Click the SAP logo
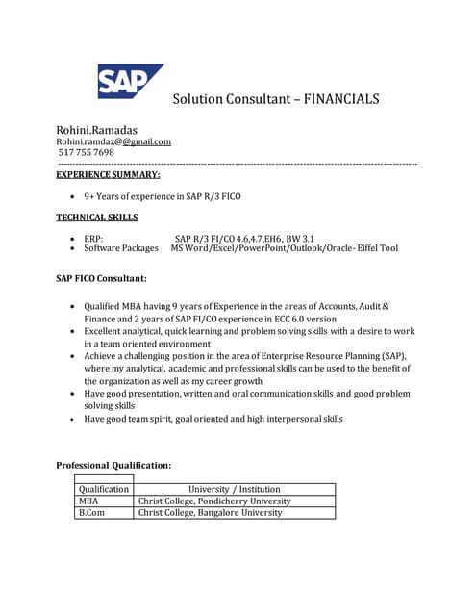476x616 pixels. pyautogui.click(x=129, y=81)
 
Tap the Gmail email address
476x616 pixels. pyautogui.click(x=113, y=141)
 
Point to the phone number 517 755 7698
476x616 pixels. pyautogui.click(x=87, y=152)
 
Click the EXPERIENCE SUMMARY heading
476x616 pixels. pyautogui.click(x=109, y=174)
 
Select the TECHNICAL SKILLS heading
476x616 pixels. pyautogui.click(x=97, y=218)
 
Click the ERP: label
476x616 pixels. pyautogui.click(x=94, y=238)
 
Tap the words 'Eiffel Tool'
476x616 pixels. pyautogui.click(x=376, y=248)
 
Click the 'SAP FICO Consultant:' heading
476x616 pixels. pyautogui.click(x=102, y=279)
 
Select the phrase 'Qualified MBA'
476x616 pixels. pyautogui.click(x=113, y=306)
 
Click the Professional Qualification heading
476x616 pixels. pyautogui.click(x=113, y=466)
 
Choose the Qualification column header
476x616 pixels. pyautogui.click(x=104, y=489)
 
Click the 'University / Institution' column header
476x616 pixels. pyautogui.click(x=235, y=489)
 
